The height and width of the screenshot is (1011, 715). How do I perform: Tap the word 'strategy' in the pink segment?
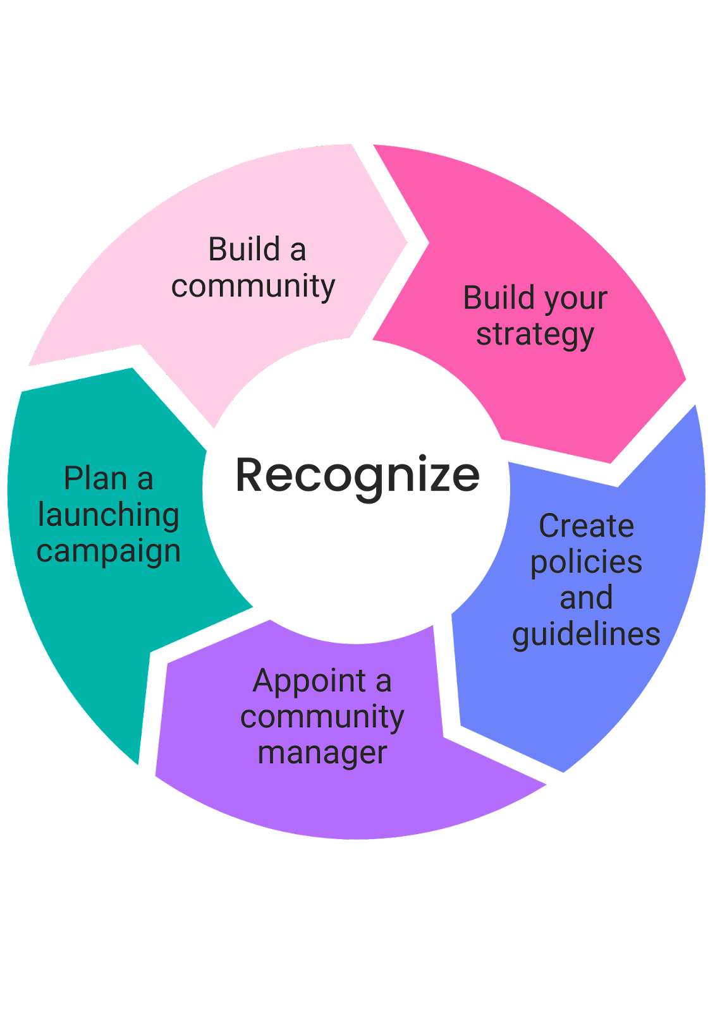535,334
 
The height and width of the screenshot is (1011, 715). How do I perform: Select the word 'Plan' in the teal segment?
95,478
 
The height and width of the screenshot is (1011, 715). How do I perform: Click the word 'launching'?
108,515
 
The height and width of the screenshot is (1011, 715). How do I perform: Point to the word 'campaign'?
108,551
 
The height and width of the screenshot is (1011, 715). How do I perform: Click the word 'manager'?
322,753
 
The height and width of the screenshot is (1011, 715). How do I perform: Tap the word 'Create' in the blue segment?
586,526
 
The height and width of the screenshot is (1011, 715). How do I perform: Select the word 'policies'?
586,562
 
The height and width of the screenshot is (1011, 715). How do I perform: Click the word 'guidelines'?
586,634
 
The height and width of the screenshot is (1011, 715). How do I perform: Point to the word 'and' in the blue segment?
586,598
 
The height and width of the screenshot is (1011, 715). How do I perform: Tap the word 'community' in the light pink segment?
253,286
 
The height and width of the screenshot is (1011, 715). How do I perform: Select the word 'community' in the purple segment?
322,717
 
